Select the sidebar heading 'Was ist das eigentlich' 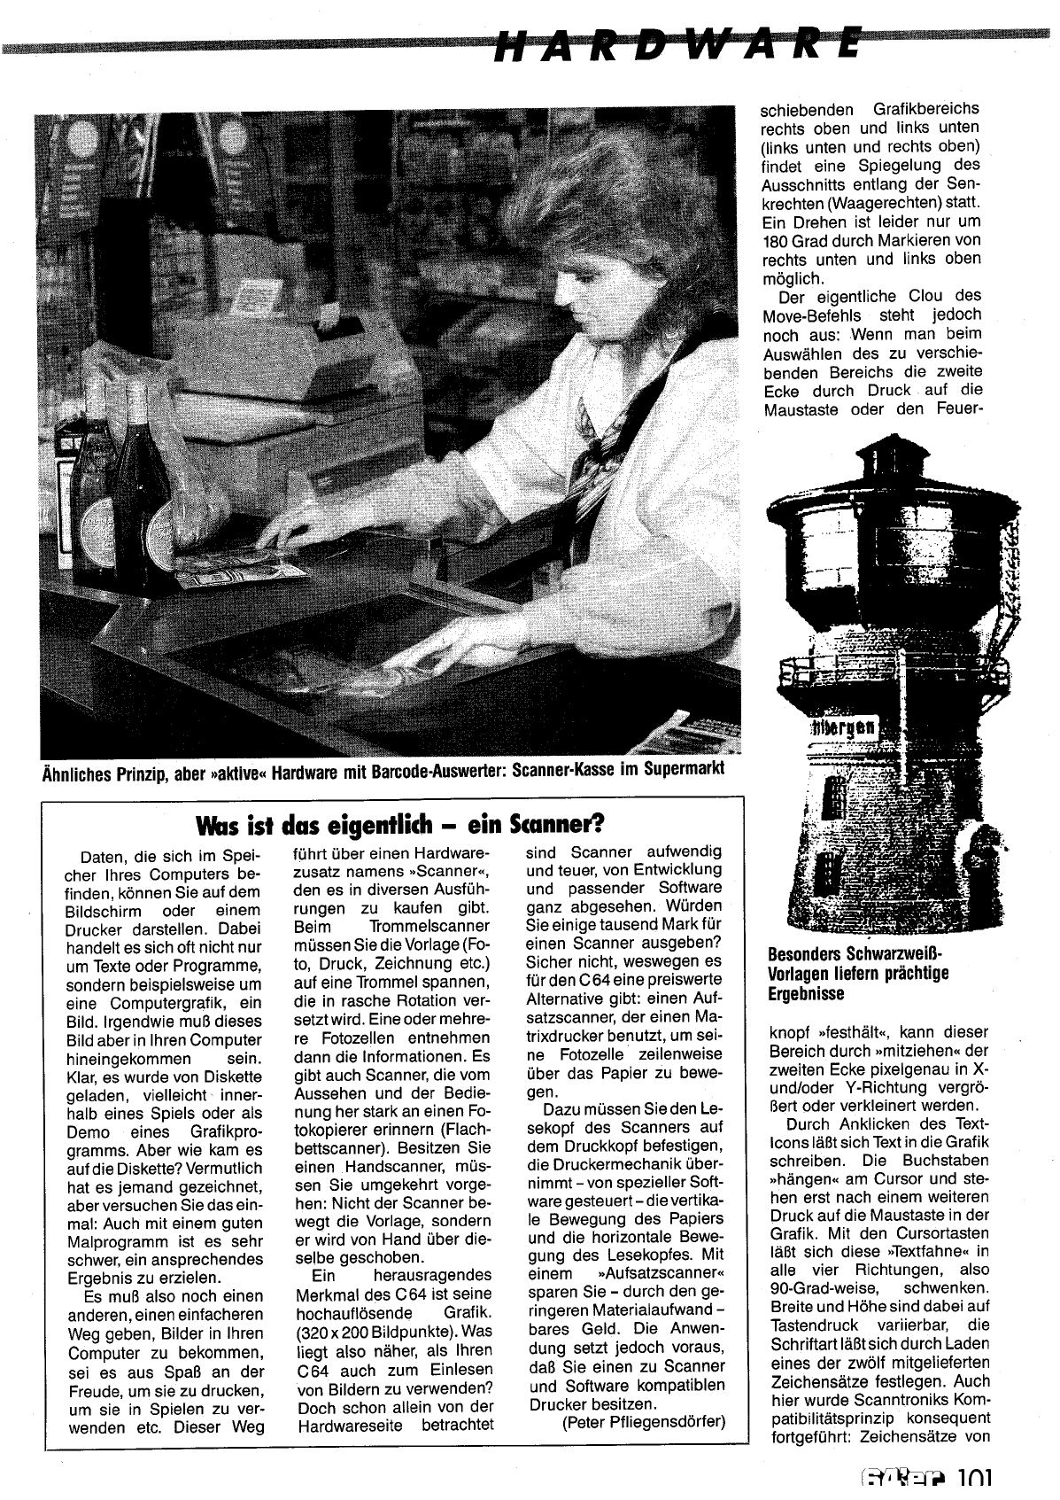[400, 825]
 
